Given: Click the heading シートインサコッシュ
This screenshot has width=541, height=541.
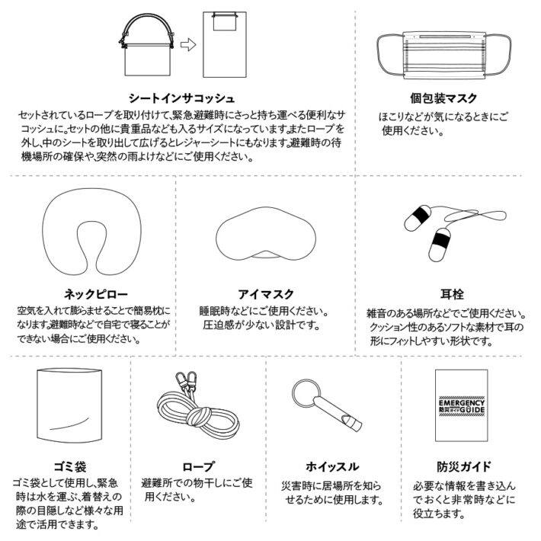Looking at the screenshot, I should pos(181,98).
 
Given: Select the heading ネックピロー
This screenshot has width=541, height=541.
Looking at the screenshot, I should pos(91,294).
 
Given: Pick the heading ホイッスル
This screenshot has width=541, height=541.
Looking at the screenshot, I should pos(331,466).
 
